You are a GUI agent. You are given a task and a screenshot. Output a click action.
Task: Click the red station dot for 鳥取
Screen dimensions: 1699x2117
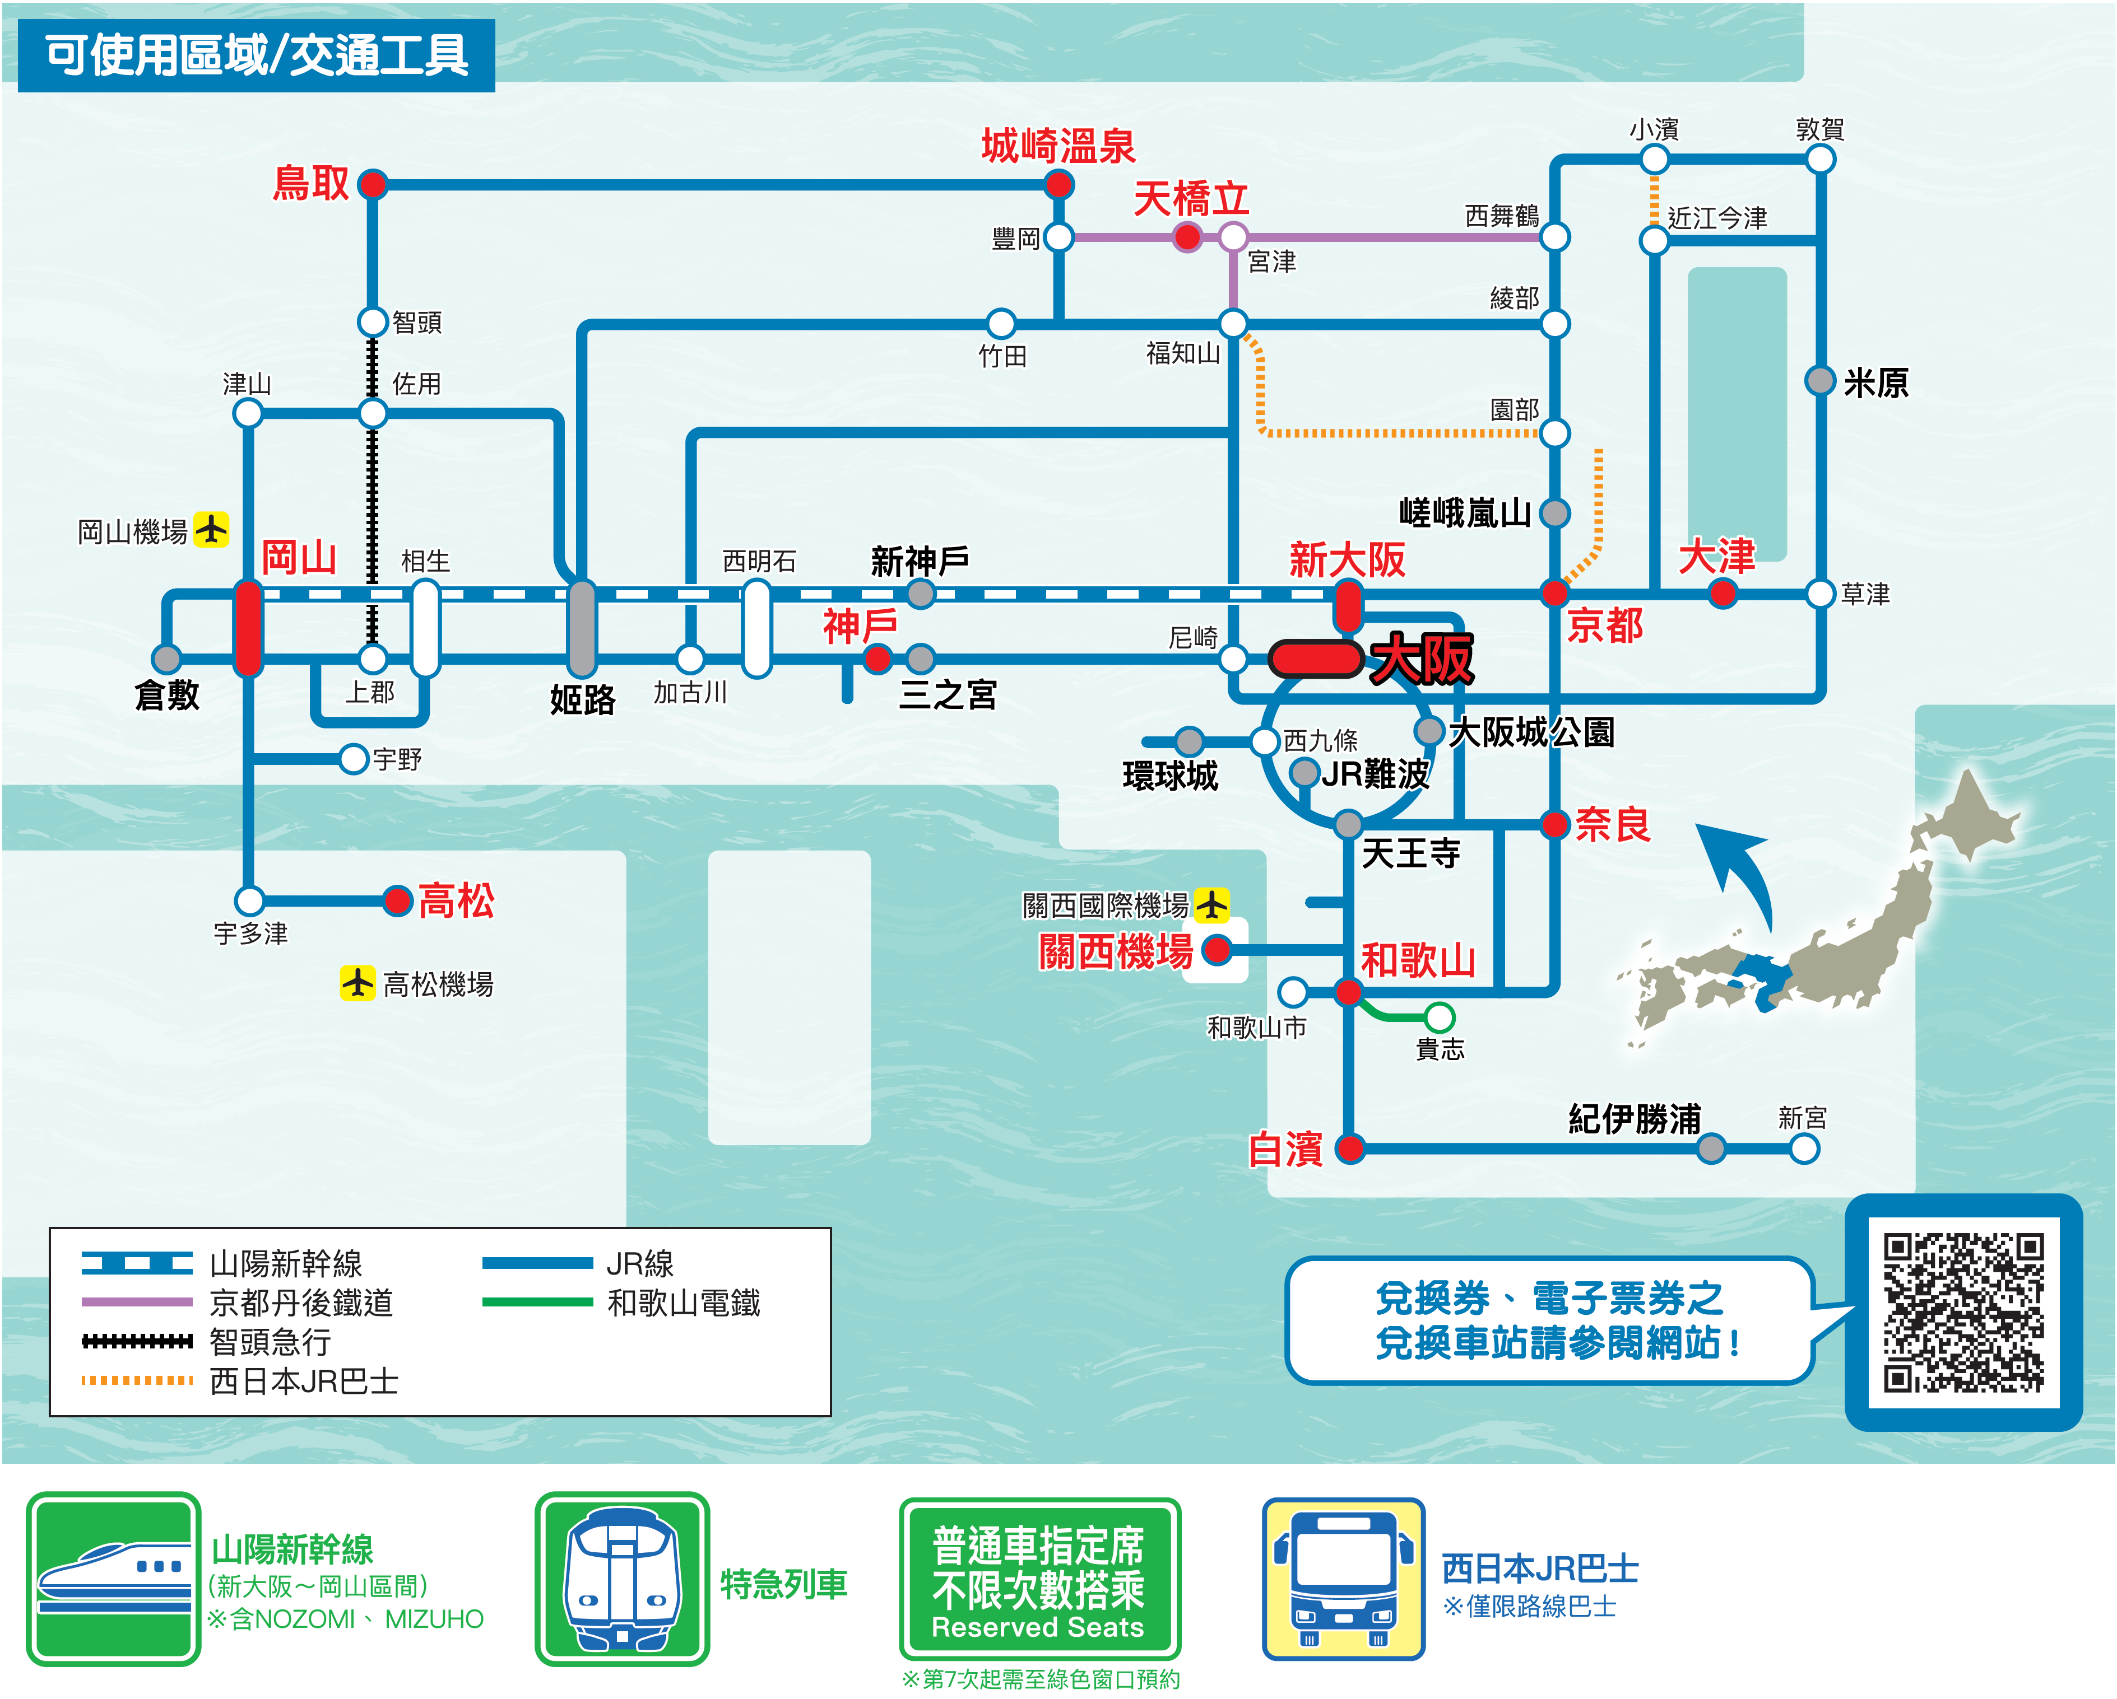372,184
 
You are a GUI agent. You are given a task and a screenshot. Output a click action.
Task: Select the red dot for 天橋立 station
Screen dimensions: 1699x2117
1187,236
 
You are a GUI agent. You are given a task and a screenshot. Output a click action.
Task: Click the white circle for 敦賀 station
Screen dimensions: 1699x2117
1819,158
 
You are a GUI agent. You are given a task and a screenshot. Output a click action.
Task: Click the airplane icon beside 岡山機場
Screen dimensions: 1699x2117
211,529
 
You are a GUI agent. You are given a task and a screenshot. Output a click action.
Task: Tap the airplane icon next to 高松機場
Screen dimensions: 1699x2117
358,982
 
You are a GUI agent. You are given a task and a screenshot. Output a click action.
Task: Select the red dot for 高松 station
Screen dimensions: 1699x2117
398,900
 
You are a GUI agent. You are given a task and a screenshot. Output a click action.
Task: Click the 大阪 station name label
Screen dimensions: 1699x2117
1422,659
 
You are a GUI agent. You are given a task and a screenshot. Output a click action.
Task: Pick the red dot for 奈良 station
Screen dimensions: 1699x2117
1554,824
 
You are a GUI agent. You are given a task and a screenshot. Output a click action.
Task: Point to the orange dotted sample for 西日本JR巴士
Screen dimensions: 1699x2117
137,1380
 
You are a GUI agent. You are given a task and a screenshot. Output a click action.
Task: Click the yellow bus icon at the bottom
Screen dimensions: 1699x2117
1342,1578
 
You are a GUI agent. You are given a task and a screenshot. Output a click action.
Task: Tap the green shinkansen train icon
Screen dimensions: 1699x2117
113,1578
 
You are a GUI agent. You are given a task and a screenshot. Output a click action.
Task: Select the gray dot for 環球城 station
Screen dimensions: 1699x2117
1189,741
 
